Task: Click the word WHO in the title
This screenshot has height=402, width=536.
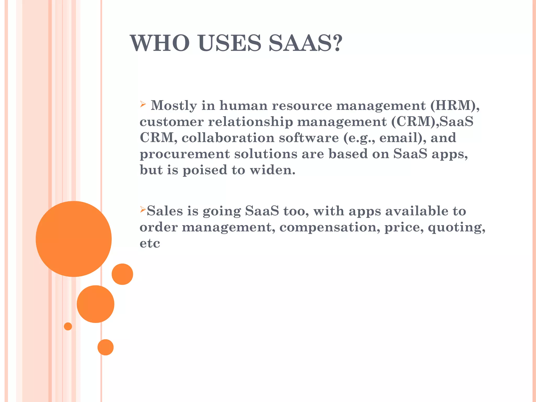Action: point(160,43)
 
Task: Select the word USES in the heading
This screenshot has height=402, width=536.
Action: point(230,43)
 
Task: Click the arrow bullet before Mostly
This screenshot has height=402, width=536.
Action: point(143,104)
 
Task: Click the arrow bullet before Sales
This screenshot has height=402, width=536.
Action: point(142,209)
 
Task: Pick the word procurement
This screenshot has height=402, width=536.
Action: point(185,154)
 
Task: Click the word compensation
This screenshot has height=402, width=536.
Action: point(330,227)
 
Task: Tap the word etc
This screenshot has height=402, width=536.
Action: point(150,243)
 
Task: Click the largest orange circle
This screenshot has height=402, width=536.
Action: point(74,239)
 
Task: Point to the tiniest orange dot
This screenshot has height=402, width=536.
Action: point(68,326)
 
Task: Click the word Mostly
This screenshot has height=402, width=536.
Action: point(174,106)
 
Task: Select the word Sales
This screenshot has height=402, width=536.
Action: point(165,211)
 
